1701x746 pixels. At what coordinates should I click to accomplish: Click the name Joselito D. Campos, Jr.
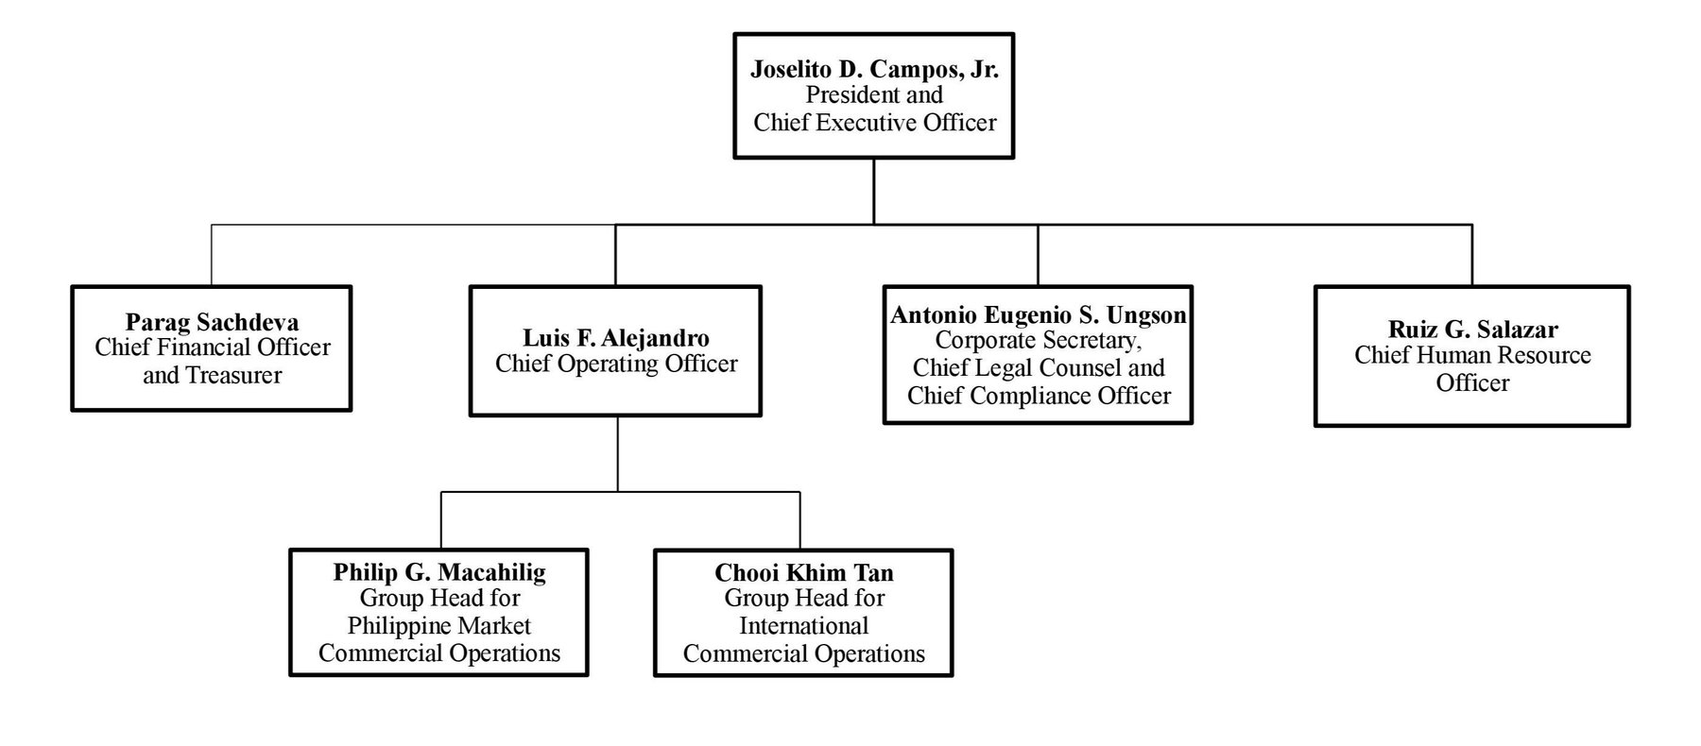point(874,69)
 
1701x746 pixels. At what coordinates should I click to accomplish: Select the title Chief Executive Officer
point(874,123)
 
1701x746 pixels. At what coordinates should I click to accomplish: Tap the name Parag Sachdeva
point(212,322)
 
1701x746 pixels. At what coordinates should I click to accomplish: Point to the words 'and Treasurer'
point(212,376)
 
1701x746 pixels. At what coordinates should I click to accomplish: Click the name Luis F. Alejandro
point(616,338)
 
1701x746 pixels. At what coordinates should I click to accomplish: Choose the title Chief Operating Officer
point(616,365)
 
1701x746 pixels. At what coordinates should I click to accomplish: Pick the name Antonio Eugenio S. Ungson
point(1038,314)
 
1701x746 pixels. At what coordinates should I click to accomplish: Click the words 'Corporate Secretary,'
point(1038,341)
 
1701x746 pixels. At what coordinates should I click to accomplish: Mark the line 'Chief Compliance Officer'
point(1038,396)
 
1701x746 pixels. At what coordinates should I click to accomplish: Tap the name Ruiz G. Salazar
point(1472,330)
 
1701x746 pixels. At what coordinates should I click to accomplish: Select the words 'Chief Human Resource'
point(1472,356)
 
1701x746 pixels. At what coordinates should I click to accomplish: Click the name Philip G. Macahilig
point(438,572)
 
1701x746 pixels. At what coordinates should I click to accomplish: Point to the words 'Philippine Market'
point(438,626)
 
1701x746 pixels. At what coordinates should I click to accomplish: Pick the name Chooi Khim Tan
point(803,572)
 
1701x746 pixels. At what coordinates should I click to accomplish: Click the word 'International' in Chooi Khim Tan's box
point(803,626)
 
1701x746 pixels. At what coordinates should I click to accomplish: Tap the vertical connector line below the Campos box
point(874,191)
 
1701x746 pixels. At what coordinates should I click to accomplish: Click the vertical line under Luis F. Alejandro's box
point(618,453)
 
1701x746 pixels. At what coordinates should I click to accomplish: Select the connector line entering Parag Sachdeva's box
point(212,255)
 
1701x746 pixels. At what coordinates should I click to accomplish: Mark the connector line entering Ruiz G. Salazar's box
point(1471,255)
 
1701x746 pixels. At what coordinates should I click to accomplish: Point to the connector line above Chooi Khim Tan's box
point(800,520)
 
